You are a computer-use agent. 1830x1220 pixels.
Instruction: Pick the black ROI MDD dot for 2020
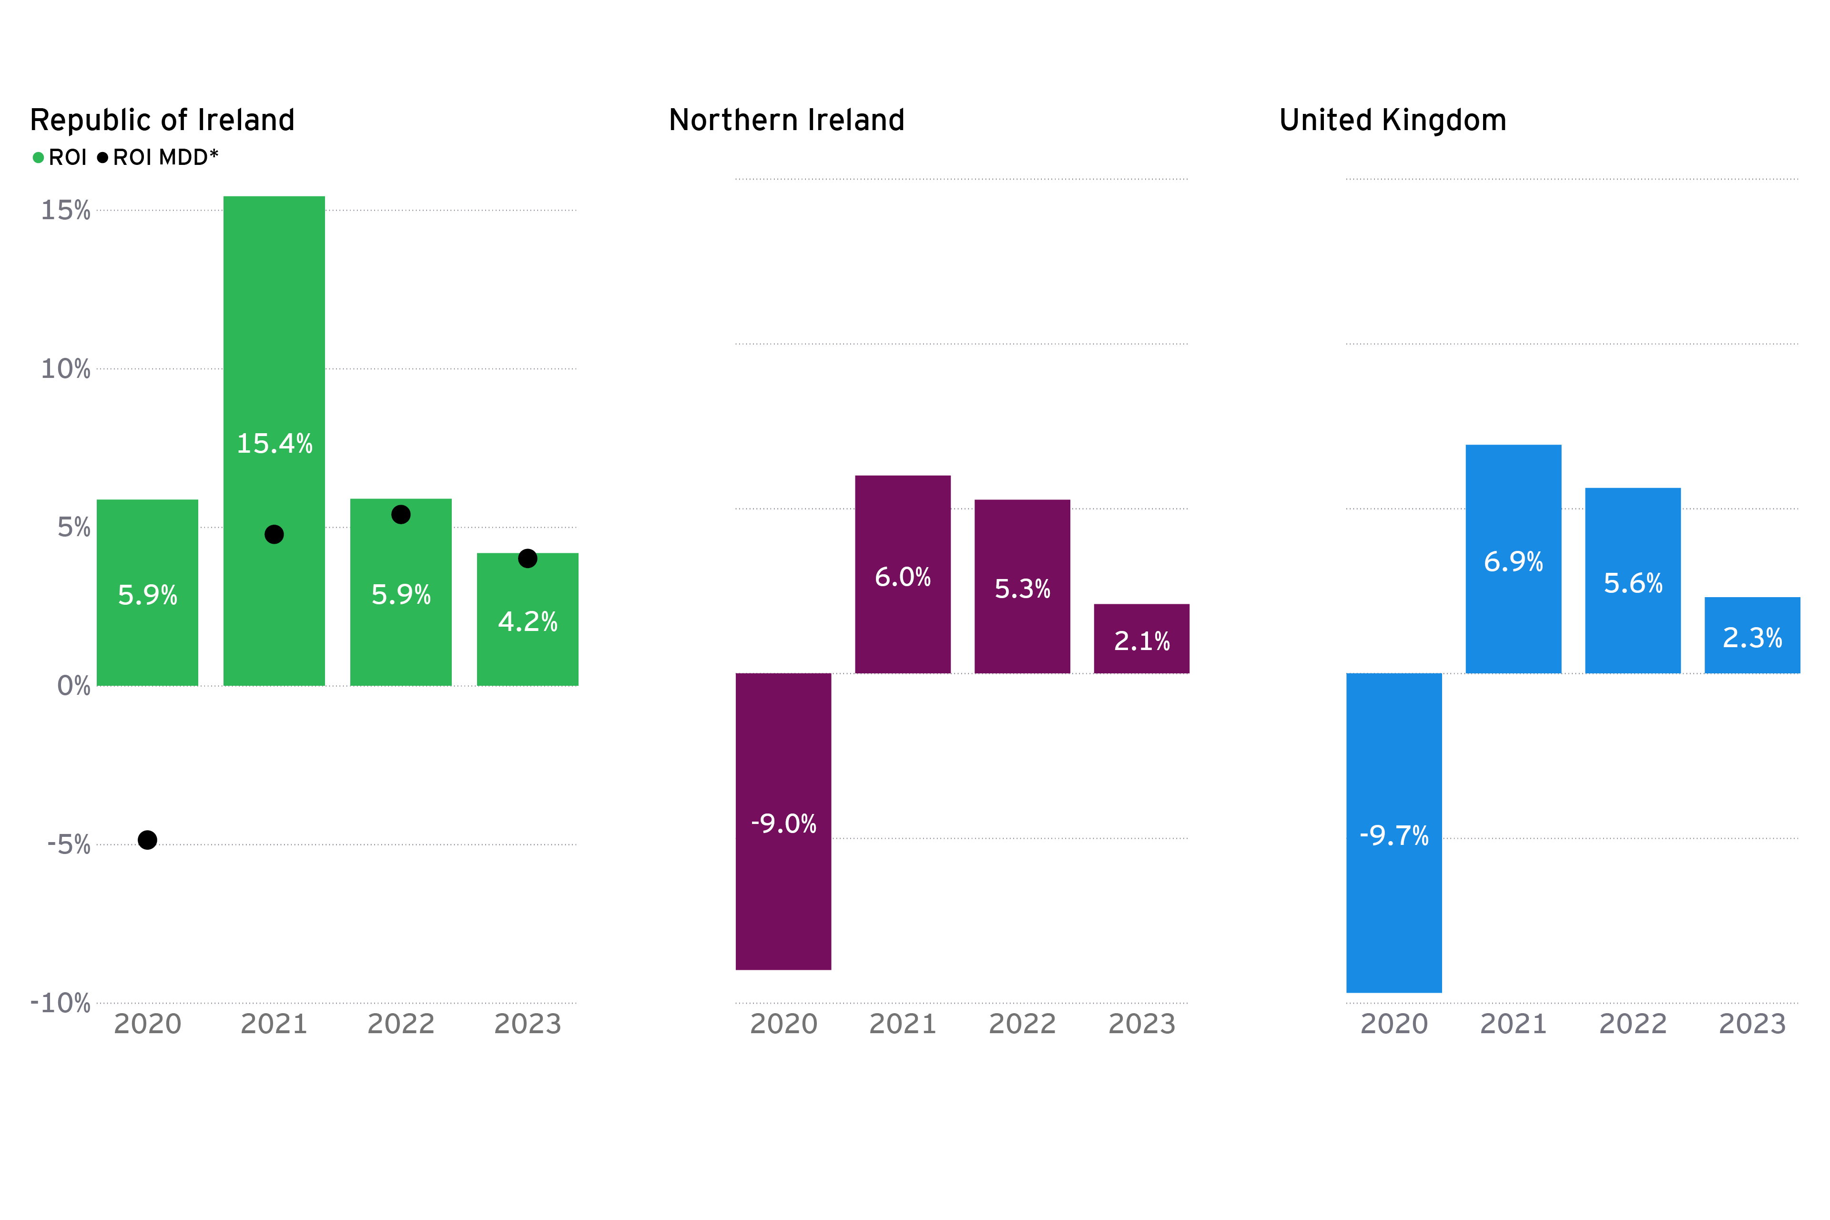click(x=147, y=840)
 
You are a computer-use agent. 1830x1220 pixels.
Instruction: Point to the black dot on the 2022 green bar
click(x=401, y=514)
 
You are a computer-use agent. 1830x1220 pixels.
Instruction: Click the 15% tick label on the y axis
click(x=66, y=210)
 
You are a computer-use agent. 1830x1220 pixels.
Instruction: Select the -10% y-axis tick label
click(x=61, y=1002)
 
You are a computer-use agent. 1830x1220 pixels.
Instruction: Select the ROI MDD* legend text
click(x=165, y=158)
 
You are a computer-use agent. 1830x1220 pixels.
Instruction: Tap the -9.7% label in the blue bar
click(x=1393, y=835)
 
